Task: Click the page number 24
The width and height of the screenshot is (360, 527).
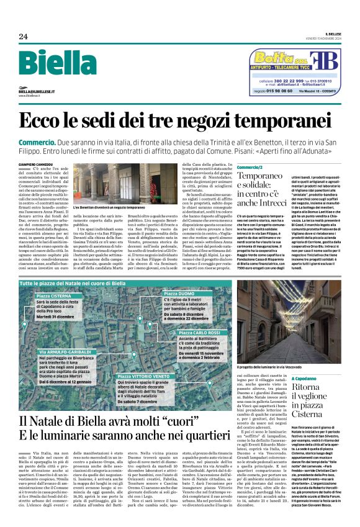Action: coord(23,37)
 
